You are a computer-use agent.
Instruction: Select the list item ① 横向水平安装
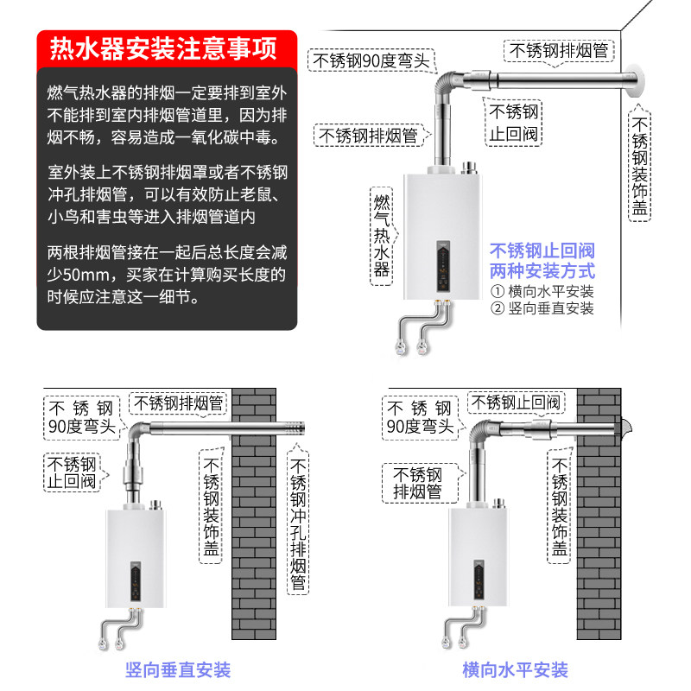tap(542, 291)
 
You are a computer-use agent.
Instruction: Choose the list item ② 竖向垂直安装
tap(542, 308)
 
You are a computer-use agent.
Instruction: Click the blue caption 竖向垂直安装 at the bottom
tap(178, 669)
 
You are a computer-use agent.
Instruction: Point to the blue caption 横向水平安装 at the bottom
tap(515, 669)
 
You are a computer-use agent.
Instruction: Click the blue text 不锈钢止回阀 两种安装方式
tap(542, 260)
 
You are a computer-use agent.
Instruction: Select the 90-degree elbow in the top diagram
tap(446, 87)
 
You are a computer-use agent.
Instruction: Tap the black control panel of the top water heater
tap(441, 266)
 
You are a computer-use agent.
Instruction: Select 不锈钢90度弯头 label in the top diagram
tap(371, 60)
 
